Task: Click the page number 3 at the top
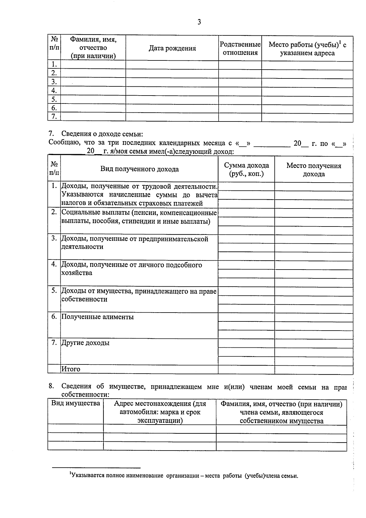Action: pos(199,22)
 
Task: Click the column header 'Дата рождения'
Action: pos(172,48)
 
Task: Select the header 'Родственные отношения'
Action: pos(240,49)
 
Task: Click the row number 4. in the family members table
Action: pos(54,91)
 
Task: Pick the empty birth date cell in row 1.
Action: pos(172,65)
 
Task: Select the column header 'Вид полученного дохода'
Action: pos(139,169)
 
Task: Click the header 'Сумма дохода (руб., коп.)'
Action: pos(246,169)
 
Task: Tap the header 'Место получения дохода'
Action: pos(314,170)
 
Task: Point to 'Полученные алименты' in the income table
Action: pos(98,317)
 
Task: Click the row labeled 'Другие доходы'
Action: pos(85,343)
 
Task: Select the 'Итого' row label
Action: pos(71,369)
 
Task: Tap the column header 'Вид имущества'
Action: pos(75,403)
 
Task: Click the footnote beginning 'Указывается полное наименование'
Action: pos(184,476)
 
